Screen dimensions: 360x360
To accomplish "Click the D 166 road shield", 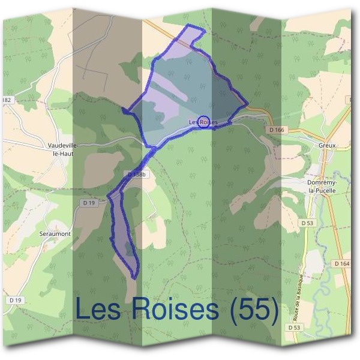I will [277, 129].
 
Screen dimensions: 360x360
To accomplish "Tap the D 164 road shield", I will [342, 263].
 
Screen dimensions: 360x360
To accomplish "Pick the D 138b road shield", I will [137, 174].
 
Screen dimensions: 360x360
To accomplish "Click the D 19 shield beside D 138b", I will [89, 203].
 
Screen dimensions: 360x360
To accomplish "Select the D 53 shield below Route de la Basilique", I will [293, 328].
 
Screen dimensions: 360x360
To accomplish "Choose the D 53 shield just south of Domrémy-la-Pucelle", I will [307, 223].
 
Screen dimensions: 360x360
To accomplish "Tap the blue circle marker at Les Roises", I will [203, 121].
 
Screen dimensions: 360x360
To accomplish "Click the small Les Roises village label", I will [203, 122].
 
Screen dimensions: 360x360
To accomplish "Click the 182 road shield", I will [7, 100].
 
